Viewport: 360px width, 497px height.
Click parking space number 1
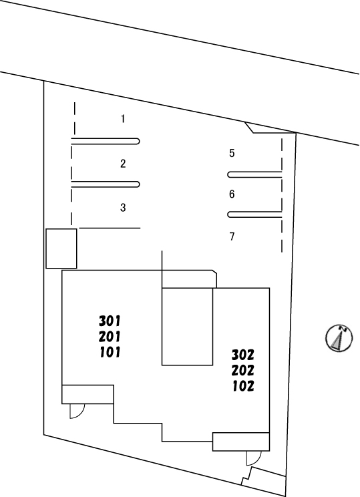[123, 119]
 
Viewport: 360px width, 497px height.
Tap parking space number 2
[123, 164]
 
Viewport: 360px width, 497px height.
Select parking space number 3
[123, 208]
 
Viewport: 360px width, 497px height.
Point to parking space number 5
[232, 153]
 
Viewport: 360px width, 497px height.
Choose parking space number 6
[232, 194]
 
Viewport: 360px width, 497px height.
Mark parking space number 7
[232, 236]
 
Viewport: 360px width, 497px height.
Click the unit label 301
[110, 321]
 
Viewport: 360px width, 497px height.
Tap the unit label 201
[110, 337]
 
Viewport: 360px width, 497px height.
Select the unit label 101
[110, 352]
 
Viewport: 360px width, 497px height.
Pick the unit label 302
[242, 355]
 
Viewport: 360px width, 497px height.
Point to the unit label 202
[242, 370]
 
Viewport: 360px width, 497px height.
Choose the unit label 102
[243, 386]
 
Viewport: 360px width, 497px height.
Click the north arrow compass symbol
[339, 338]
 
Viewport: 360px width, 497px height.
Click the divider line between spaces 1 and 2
[106, 142]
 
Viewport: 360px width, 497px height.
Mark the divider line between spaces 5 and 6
[254, 174]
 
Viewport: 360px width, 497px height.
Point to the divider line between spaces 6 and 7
[254, 214]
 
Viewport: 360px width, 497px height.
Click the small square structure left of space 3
[61, 248]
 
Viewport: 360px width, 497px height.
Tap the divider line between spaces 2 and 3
[106, 184]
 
